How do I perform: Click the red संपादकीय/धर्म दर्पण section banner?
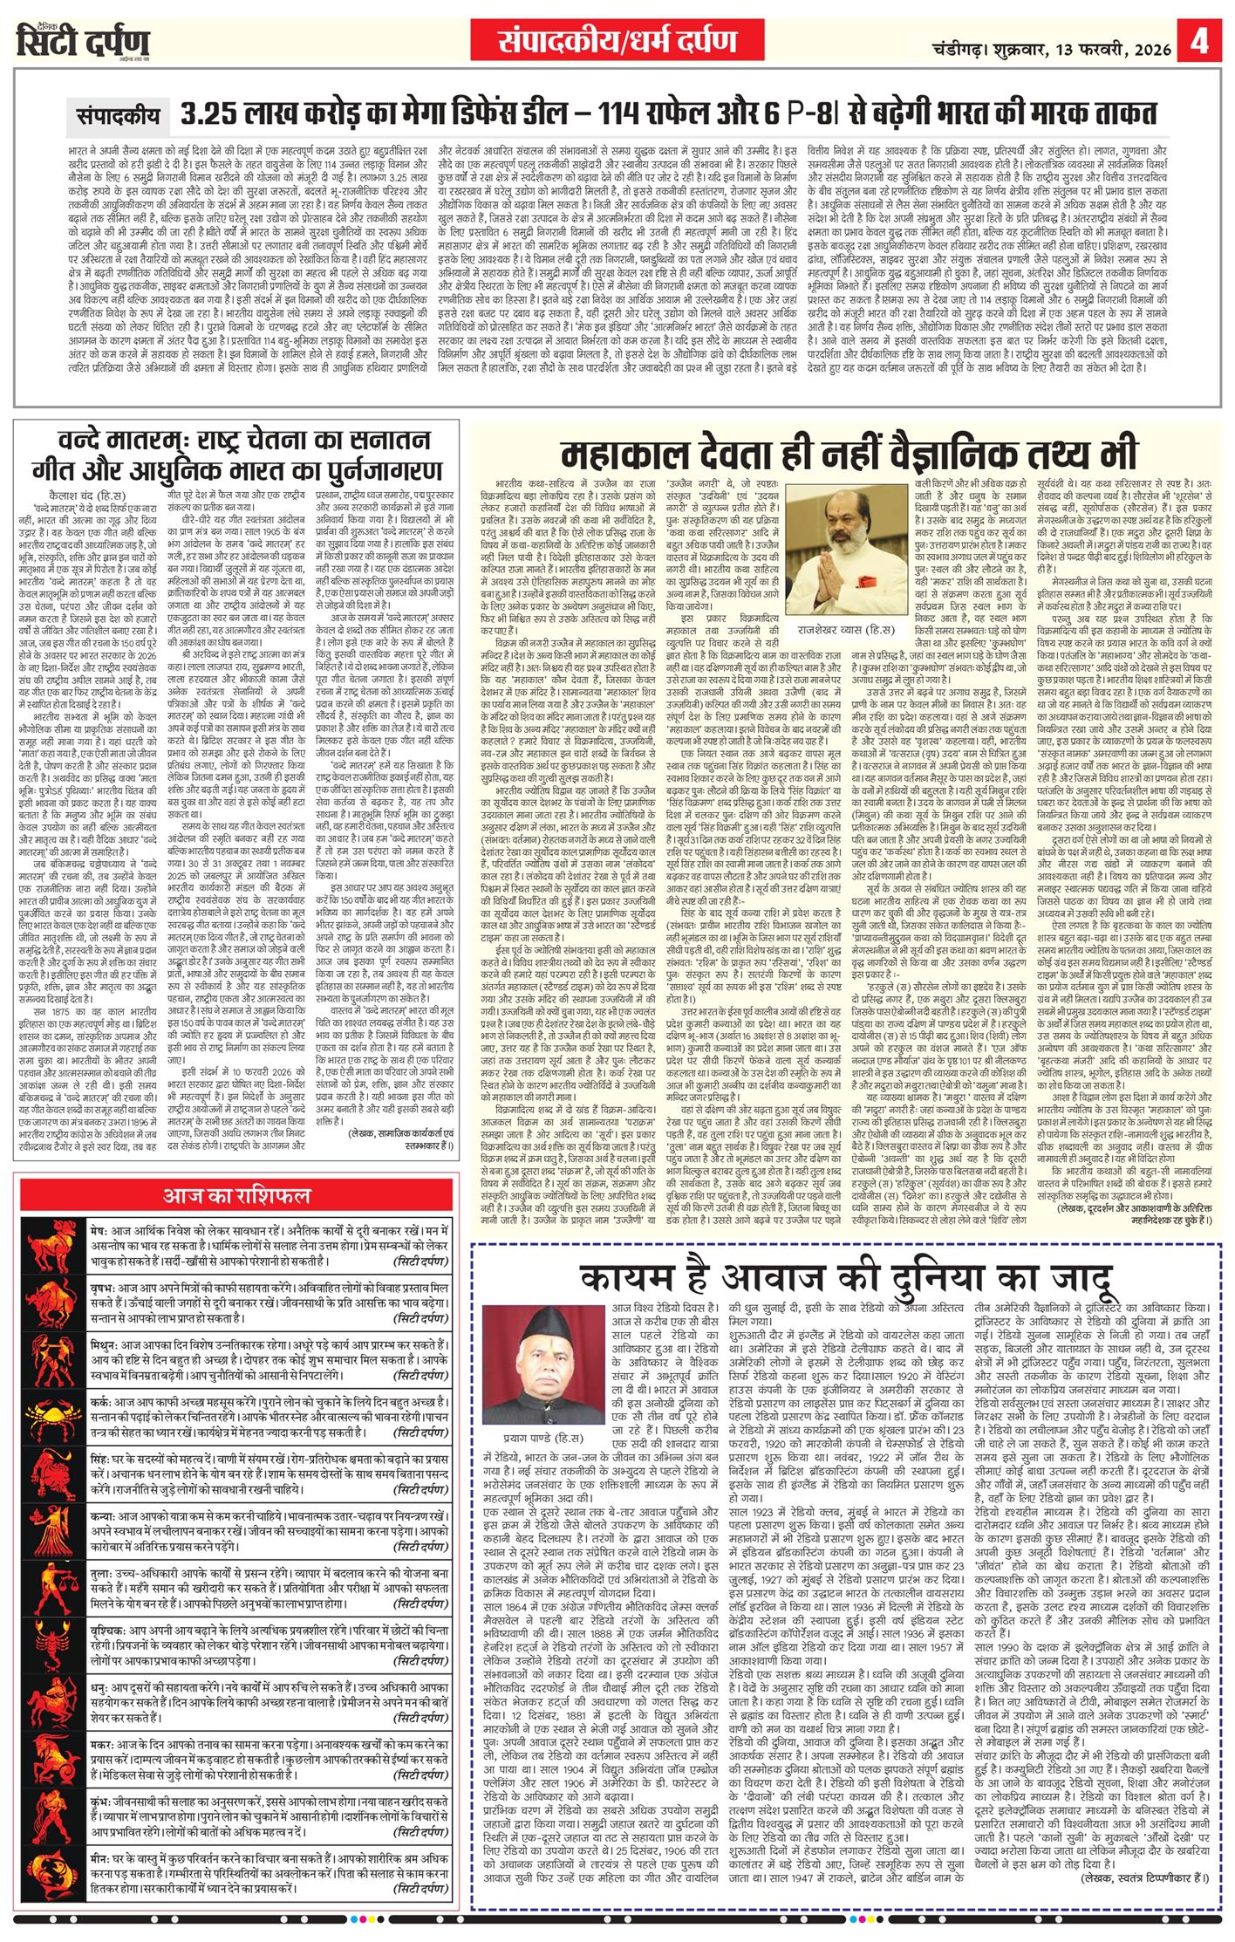(x=617, y=40)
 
